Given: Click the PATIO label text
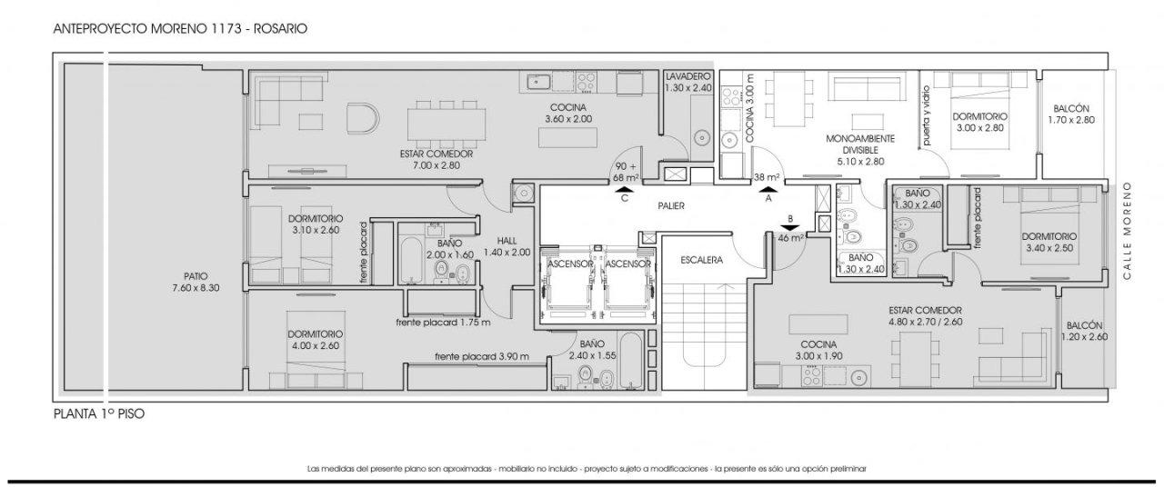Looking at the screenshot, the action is [x=196, y=276].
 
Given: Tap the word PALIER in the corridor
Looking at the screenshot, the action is [x=671, y=205].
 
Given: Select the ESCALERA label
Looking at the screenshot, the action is [x=701, y=260].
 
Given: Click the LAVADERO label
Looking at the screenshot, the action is [x=688, y=76].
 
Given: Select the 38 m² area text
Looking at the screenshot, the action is [x=767, y=177].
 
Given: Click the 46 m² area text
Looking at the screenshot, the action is [x=791, y=238].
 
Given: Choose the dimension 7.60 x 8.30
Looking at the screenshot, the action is [x=196, y=288].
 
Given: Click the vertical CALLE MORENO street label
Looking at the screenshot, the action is [x=1127, y=231].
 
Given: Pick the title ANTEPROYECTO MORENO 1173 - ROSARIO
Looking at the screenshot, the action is [x=180, y=28].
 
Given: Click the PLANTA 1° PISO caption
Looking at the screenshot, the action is [x=99, y=413].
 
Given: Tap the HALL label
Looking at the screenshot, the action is [x=507, y=241].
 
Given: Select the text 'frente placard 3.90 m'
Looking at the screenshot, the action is [x=482, y=357].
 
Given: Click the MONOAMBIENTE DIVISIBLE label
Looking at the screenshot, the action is [x=860, y=144].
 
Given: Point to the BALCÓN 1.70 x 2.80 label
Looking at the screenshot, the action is [x=1071, y=114].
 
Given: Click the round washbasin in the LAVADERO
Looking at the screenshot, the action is [x=702, y=138].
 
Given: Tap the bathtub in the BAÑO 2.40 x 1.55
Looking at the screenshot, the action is [x=631, y=361].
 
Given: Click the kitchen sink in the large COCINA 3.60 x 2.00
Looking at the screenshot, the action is [x=536, y=82].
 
